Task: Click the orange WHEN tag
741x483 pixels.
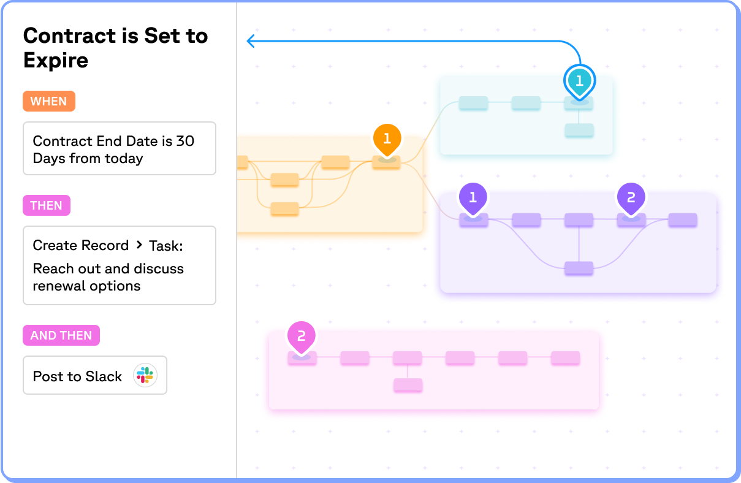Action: [x=49, y=101]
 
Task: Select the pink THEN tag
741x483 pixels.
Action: [x=47, y=205]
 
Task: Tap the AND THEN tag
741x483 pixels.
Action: [x=61, y=335]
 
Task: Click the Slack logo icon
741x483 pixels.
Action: [x=145, y=376]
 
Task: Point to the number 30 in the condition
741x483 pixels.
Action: [x=185, y=141]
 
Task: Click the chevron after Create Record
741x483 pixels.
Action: [x=139, y=245]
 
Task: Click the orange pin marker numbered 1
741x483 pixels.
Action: [x=387, y=139]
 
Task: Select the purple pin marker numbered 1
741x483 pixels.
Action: [x=473, y=197]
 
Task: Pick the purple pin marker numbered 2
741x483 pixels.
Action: [x=631, y=197]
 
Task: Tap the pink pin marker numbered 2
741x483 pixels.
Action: [x=301, y=336]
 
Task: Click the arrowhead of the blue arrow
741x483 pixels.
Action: [x=250, y=41]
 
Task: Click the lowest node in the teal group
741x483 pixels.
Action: [x=579, y=130]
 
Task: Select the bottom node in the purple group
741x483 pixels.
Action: [x=579, y=268]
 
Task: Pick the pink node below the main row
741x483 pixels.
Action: [x=408, y=385]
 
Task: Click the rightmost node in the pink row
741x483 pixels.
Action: [x=565, y=358]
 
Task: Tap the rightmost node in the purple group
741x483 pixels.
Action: [x=683, y=219]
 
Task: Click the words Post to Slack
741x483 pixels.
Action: [x=77, y=376]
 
